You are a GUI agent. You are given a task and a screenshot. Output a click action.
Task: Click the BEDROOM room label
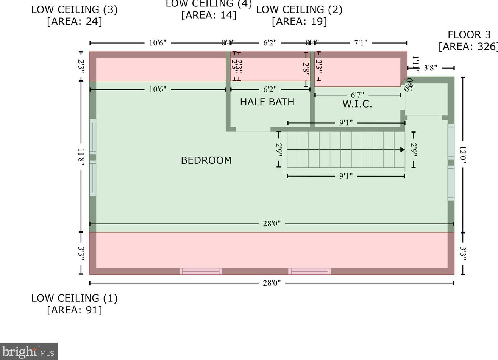tap(206, 160)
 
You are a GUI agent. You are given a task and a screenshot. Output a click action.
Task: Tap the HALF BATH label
tap(267, 102)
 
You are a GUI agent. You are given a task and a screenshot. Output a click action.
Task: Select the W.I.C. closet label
tap(357, 104)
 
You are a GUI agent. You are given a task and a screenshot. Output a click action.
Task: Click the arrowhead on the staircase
tap(402, 150)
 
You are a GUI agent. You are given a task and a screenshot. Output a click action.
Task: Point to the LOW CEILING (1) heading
tap(74, 298)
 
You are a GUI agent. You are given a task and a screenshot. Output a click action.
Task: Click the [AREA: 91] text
tap(74, 310)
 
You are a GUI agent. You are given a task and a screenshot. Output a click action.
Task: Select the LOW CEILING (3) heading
tap(74, 10)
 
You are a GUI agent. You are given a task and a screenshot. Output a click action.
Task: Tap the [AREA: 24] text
tap(74, 22)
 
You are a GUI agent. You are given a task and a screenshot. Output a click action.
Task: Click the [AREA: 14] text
tap(209, 15)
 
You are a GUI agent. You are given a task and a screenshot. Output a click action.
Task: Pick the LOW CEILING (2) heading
tap(299, 10)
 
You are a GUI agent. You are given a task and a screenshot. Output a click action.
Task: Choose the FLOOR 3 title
tap(469, 35)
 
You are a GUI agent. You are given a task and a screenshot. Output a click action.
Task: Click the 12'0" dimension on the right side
tap(463, 155)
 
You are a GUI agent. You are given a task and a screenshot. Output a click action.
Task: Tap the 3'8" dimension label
tap(430, 68)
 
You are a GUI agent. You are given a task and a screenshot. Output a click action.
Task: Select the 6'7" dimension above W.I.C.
tap(357, 95)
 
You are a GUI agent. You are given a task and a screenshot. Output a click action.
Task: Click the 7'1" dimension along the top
tap(361, 43)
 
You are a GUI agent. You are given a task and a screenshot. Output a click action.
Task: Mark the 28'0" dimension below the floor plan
tap(272, 283)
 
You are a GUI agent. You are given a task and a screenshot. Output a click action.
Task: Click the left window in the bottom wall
tap(201, 271)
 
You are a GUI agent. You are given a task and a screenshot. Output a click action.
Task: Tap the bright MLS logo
tap(29, 352)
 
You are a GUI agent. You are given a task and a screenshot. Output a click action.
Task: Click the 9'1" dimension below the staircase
tap(346, 176)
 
